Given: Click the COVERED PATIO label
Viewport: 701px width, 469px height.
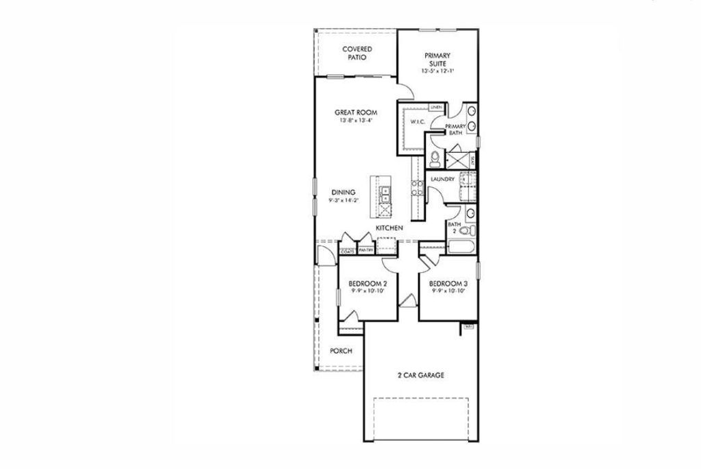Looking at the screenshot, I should (x=357, y=53).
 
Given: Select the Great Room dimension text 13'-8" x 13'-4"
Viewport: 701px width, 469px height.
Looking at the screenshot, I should (x=356, y=121).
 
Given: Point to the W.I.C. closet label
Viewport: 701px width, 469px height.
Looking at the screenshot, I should (x=418, y=122).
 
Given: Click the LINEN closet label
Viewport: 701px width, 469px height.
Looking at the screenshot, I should (x=435, y=108).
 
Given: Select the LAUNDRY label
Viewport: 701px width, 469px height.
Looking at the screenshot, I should (x=444, y=180).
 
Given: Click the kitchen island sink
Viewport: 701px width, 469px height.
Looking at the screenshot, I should (x=385, y=196).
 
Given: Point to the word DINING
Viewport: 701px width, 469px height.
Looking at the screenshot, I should (x=343, y=192).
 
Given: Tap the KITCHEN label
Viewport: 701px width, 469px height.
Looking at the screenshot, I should (x=387, y=228).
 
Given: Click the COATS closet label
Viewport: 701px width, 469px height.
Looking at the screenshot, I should (x=348, y=252).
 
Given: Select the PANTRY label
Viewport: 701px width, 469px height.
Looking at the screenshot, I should (x=366, y=252).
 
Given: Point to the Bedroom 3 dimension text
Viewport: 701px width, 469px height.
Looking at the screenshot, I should (x=448, y=291).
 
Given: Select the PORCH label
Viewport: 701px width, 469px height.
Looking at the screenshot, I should (x=340, y=351).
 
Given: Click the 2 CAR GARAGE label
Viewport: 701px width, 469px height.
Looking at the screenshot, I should (x=421, y=375).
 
